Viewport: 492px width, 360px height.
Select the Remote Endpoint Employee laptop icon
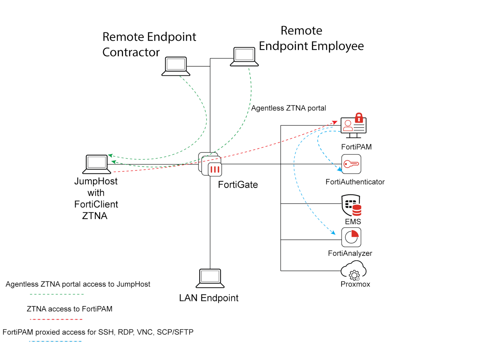(x=244, y=57)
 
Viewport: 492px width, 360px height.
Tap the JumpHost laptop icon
(x=96, y=164)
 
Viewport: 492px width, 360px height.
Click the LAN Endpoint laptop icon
(x=210, y=278)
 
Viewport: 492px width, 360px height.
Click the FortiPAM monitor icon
(x=353, y=127)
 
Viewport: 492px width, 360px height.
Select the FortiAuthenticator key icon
(x=351, y=164)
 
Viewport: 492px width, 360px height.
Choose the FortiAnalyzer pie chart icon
(x=351, y=237)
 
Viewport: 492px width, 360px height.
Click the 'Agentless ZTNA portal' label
(x=288, y=108)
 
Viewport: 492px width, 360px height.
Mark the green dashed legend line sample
(x=57, y=294)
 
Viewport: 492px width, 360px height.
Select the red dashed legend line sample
(x=56, y=319)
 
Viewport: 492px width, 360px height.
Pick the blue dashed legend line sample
(x=55, y=341)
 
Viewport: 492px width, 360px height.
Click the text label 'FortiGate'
(x=238, y=185)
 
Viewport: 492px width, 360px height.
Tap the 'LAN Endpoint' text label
(x=209, y=298)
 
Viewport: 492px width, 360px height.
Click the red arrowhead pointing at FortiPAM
(x=335, y=122)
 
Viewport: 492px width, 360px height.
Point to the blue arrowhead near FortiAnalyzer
(x=333, y=233)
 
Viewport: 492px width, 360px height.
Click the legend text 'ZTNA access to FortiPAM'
(x=70, y=309)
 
